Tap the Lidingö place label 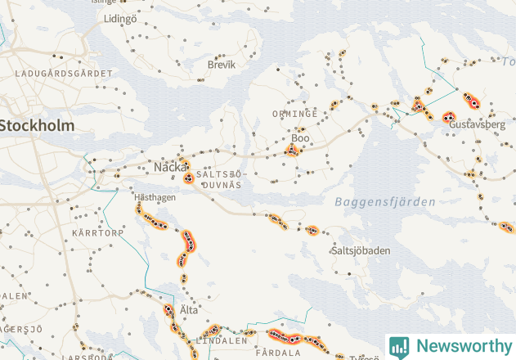121,18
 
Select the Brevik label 221,64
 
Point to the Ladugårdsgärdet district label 64,74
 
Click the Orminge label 295,114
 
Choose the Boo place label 301,138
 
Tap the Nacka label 171,167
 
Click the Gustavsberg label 478,125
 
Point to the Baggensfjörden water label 385,201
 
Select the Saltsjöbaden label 361,250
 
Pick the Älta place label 189,311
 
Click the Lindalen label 222,340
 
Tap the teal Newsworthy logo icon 399,346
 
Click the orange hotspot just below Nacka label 188,176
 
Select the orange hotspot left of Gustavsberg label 448,118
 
